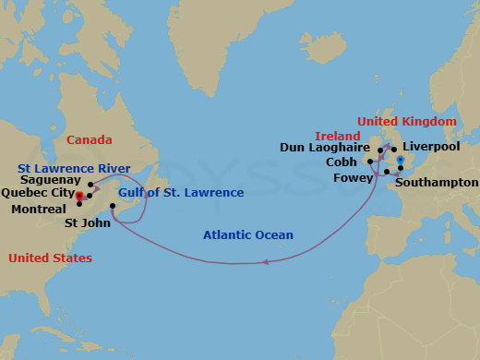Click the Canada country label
(90, 140)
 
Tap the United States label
(50, 258)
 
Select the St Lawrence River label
(73, 167)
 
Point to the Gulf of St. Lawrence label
(181, 193)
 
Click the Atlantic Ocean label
(248, 235)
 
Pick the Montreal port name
(38, 210)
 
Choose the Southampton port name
(436, 182)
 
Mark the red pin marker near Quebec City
(81, 196)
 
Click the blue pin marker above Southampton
(401, 161)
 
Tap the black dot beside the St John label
(113, 206)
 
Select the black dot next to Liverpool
(394, 149)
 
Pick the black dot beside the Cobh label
(369, 162)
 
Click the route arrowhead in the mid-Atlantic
(265, 263)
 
